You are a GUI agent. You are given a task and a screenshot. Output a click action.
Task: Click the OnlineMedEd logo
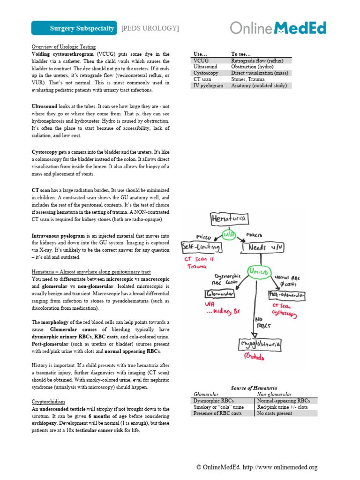pos(278,28)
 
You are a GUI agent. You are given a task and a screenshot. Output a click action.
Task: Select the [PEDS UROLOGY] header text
pos(150,29)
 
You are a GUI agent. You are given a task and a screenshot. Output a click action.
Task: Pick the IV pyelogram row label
pos(208,85)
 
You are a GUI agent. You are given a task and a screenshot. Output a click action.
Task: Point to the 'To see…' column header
pos(241,54)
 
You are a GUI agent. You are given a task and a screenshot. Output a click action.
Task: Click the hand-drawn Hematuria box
pos(228,218)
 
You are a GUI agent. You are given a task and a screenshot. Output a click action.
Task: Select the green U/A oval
pos(228,234)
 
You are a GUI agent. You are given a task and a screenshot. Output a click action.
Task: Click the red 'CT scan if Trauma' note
pos(196,262)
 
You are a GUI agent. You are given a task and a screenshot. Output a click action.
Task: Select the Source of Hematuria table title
pos(254,388)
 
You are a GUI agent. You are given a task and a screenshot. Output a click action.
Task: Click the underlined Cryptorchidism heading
pos(48,402)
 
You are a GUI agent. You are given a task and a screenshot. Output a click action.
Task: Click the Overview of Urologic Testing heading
pos(63,47)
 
